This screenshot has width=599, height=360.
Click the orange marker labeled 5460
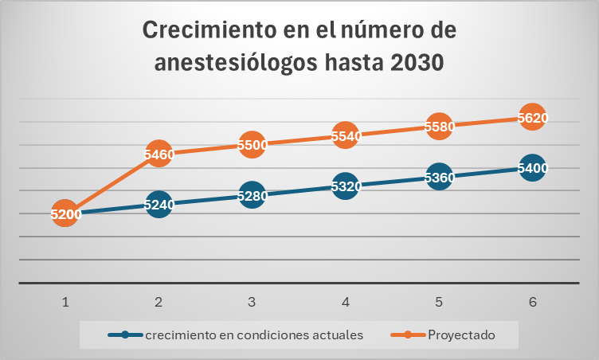[159, 155]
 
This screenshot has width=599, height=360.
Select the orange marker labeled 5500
[252, 145]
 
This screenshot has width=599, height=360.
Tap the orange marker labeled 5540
[345, 135]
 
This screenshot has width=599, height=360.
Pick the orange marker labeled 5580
[438, 126]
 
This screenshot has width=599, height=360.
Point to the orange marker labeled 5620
[531, 117]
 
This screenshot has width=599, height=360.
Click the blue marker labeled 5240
[159, 204]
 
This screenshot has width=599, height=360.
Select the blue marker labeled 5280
[252, 195]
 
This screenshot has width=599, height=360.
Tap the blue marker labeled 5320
[345, 186]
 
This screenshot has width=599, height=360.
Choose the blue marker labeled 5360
[438, 177]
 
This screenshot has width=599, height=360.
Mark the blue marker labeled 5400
[531, 168]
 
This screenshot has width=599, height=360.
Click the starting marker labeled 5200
[65, 213]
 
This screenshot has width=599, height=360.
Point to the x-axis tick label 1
[65, 302]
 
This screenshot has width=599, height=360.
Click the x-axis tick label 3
[252, 302]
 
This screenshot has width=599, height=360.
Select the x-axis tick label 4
[345, 302]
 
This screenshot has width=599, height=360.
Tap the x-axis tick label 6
[531, 302]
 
